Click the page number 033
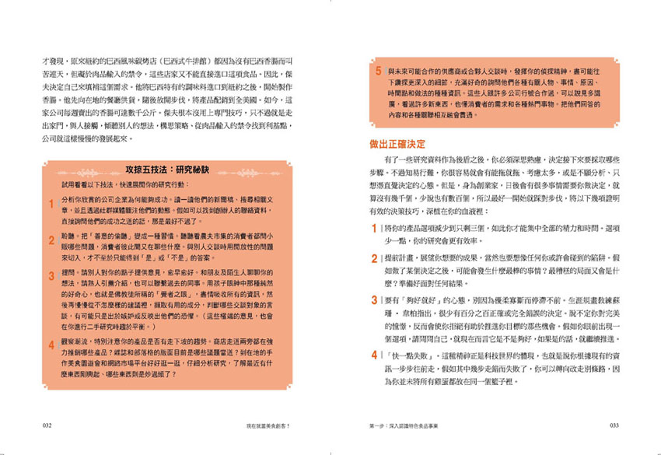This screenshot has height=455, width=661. [x=614, y=425]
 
